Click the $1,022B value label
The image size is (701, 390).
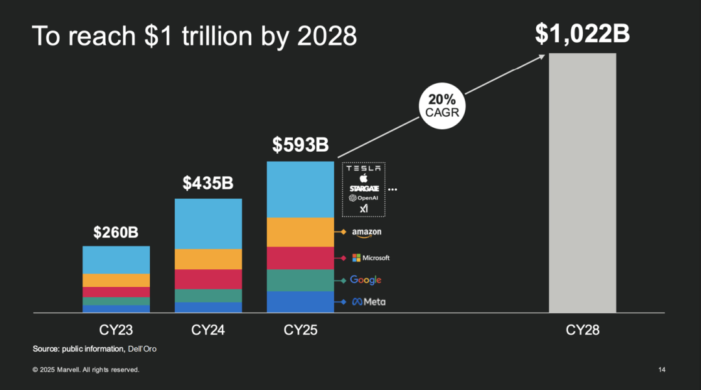point(582,34)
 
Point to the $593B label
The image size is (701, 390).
point(301,145)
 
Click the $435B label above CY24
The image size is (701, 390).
point(208,183)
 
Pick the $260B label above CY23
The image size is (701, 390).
point(116,232)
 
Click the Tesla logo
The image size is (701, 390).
point(363,168)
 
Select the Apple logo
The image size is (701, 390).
point(363,178)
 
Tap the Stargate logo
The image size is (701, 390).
point(363,188)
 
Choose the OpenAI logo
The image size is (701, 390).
point(363,198)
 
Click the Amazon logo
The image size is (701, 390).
point(367,232)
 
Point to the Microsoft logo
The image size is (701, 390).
point(371,258)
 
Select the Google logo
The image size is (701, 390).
point(365,280)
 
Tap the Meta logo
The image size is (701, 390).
point(368,302)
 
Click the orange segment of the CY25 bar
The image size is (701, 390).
point(301,232)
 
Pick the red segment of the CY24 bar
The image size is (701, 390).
point(208,279)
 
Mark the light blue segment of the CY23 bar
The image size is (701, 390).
point(116,260)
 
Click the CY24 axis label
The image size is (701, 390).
point(208,330)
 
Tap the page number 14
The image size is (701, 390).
point(661,370)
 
